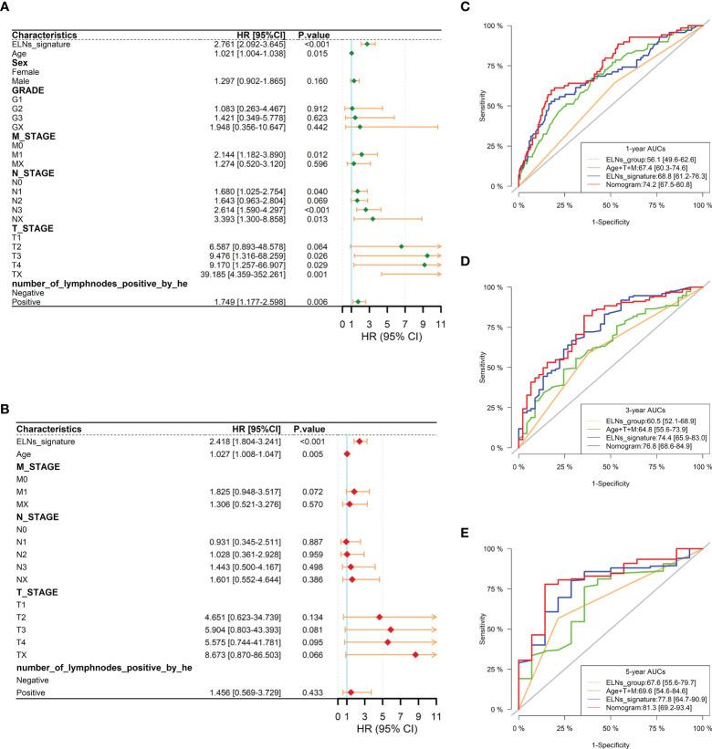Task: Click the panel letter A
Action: click(x=7, y=9)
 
